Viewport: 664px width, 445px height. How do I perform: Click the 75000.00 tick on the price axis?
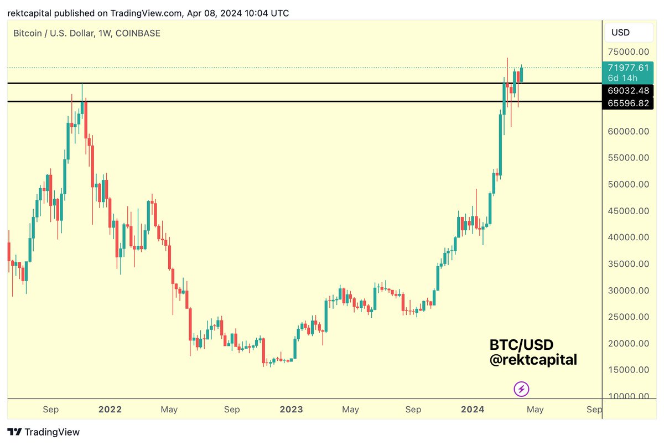tap(629, 51)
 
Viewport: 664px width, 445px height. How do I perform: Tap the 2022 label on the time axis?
tap(110, 410)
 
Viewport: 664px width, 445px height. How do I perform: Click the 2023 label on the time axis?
tap(291, 410)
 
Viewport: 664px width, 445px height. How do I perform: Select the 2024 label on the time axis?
tap(473, 410)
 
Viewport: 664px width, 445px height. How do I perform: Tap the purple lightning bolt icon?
tap(521, 389)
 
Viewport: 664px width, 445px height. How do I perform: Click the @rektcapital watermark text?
tap(533, 360)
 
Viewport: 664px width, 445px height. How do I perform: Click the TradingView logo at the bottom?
tap(44, 432)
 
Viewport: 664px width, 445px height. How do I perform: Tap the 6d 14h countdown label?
tap(622, 78)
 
